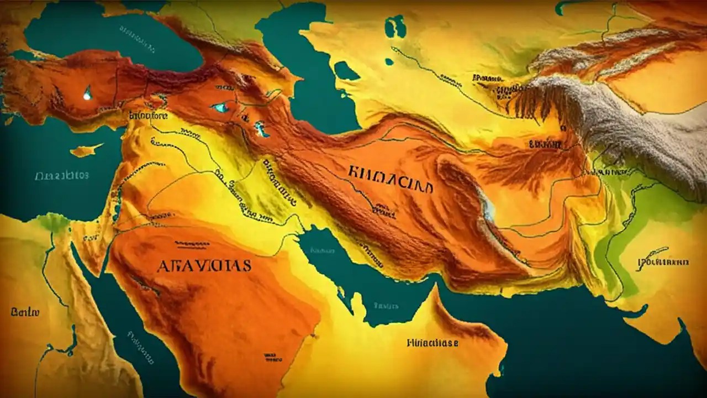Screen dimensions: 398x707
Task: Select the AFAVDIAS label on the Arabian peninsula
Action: coord(204,265)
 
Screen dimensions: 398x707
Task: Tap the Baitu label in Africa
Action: coord(25,312)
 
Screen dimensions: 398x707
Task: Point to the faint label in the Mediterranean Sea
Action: coord(61,176)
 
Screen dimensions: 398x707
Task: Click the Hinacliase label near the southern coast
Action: coord(432,343)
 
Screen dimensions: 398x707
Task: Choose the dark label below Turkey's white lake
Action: coord(148,116)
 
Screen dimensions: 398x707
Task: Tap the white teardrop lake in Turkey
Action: coord(87,93)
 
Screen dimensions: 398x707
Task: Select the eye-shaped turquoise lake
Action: coord(221,107)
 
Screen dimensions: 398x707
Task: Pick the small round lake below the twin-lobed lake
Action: coord(389,61)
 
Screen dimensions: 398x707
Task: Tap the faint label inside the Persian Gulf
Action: coord(323,250)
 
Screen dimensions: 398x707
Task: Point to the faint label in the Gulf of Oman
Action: coord(385,305)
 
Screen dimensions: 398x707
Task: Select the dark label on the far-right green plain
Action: coord(663,261)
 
